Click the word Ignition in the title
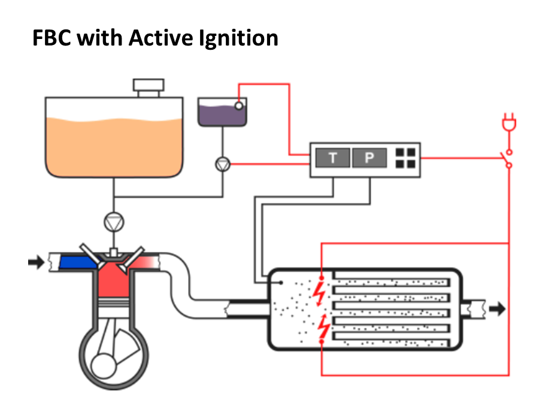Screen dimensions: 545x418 (x=238, y=38)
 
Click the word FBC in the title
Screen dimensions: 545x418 (x=52, y=38)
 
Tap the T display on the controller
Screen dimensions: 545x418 (x=332, y=158)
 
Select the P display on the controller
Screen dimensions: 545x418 (x=369, y=158)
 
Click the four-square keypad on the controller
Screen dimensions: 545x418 (x=405, y=158)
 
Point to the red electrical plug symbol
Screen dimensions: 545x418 (x=509, y=122)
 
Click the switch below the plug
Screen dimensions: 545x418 (x=508, y=159)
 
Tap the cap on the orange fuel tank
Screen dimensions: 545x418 (x=149, y=88)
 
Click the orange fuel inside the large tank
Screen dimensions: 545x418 (x=114, y=147)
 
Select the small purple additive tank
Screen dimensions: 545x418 (x=222, y=112)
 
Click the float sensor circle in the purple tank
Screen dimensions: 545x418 (x=239, y=106)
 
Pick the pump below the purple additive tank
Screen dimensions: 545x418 (x=223, y=164)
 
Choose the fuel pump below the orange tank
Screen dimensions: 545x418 (x=114, y=222)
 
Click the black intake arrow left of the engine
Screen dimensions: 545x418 (x=36, y=262)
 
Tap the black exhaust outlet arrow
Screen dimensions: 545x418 (x=497, y=309)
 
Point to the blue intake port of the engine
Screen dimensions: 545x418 (x=78, y=262)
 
